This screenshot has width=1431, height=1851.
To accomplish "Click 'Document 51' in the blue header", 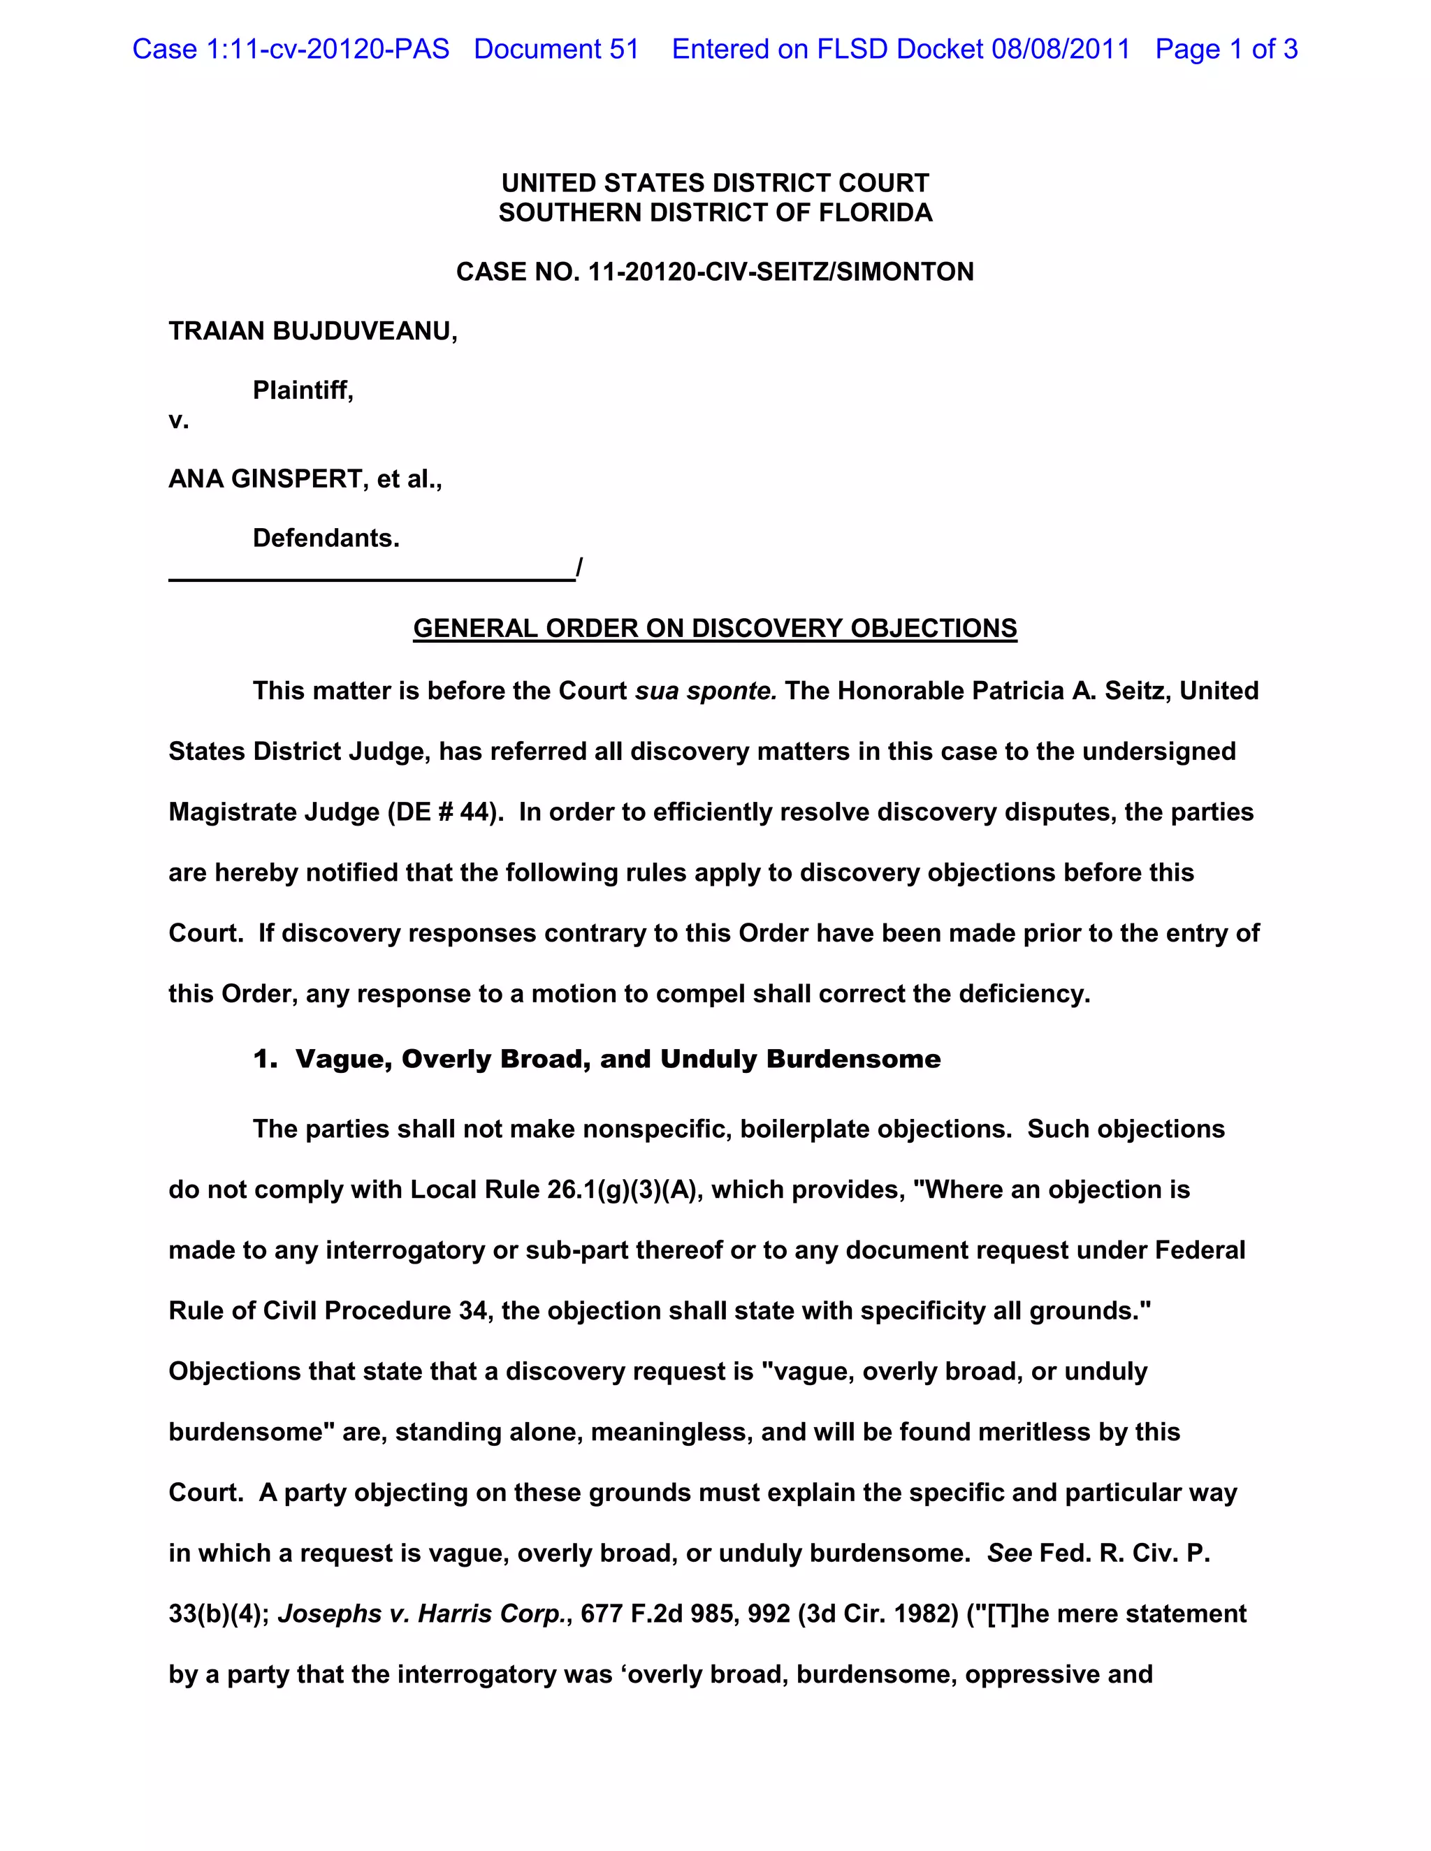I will [556, 49].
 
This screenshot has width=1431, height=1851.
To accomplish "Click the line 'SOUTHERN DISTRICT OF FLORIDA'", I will [715, 213].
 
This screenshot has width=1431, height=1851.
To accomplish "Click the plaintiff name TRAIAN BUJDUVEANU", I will [312, 331].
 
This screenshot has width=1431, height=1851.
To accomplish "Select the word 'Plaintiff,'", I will [303, 390].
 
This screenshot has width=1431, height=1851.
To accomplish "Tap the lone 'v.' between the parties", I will [178, 420].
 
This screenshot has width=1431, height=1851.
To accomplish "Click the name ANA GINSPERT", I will [266, 480].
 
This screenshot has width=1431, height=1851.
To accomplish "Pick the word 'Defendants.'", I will [326, 538].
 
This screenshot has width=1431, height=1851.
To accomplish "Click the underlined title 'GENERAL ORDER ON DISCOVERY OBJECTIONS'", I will [715, 628].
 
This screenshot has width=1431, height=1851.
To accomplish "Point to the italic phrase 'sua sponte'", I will [705, 692].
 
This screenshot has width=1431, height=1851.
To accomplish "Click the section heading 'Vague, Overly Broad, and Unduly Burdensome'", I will [617, 1060].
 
